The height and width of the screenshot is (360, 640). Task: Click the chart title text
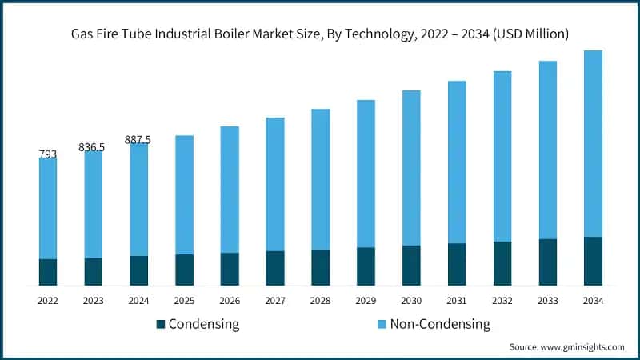coord(319,34)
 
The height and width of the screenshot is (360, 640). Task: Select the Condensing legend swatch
coord(160,324)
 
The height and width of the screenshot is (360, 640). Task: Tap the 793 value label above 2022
coord(48,154)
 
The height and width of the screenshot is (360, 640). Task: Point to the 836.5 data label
coord(93,147)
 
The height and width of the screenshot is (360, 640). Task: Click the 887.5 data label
coord(138,140)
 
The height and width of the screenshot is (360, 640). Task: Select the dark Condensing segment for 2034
coord(593,261)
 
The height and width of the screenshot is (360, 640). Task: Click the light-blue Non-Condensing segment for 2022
coord(48,208)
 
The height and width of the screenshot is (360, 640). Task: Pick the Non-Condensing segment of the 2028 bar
coord(320,179)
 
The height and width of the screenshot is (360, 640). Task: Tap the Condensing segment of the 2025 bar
coord(184,270)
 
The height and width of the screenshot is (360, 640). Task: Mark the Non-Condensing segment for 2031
coord(457,162)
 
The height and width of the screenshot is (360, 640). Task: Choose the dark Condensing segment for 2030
coord(411,265)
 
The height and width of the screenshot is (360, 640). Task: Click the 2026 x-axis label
coord(230,301)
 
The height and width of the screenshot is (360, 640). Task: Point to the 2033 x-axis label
coord(547,301)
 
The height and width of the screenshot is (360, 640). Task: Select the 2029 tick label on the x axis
coord(366,301)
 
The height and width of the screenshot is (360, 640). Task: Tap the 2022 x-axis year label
coord(48,301)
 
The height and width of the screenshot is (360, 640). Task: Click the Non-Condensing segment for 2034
coord(593,144)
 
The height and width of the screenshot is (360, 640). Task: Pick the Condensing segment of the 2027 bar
coord(275,268)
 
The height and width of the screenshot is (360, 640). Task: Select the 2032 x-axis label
coord(502,301)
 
